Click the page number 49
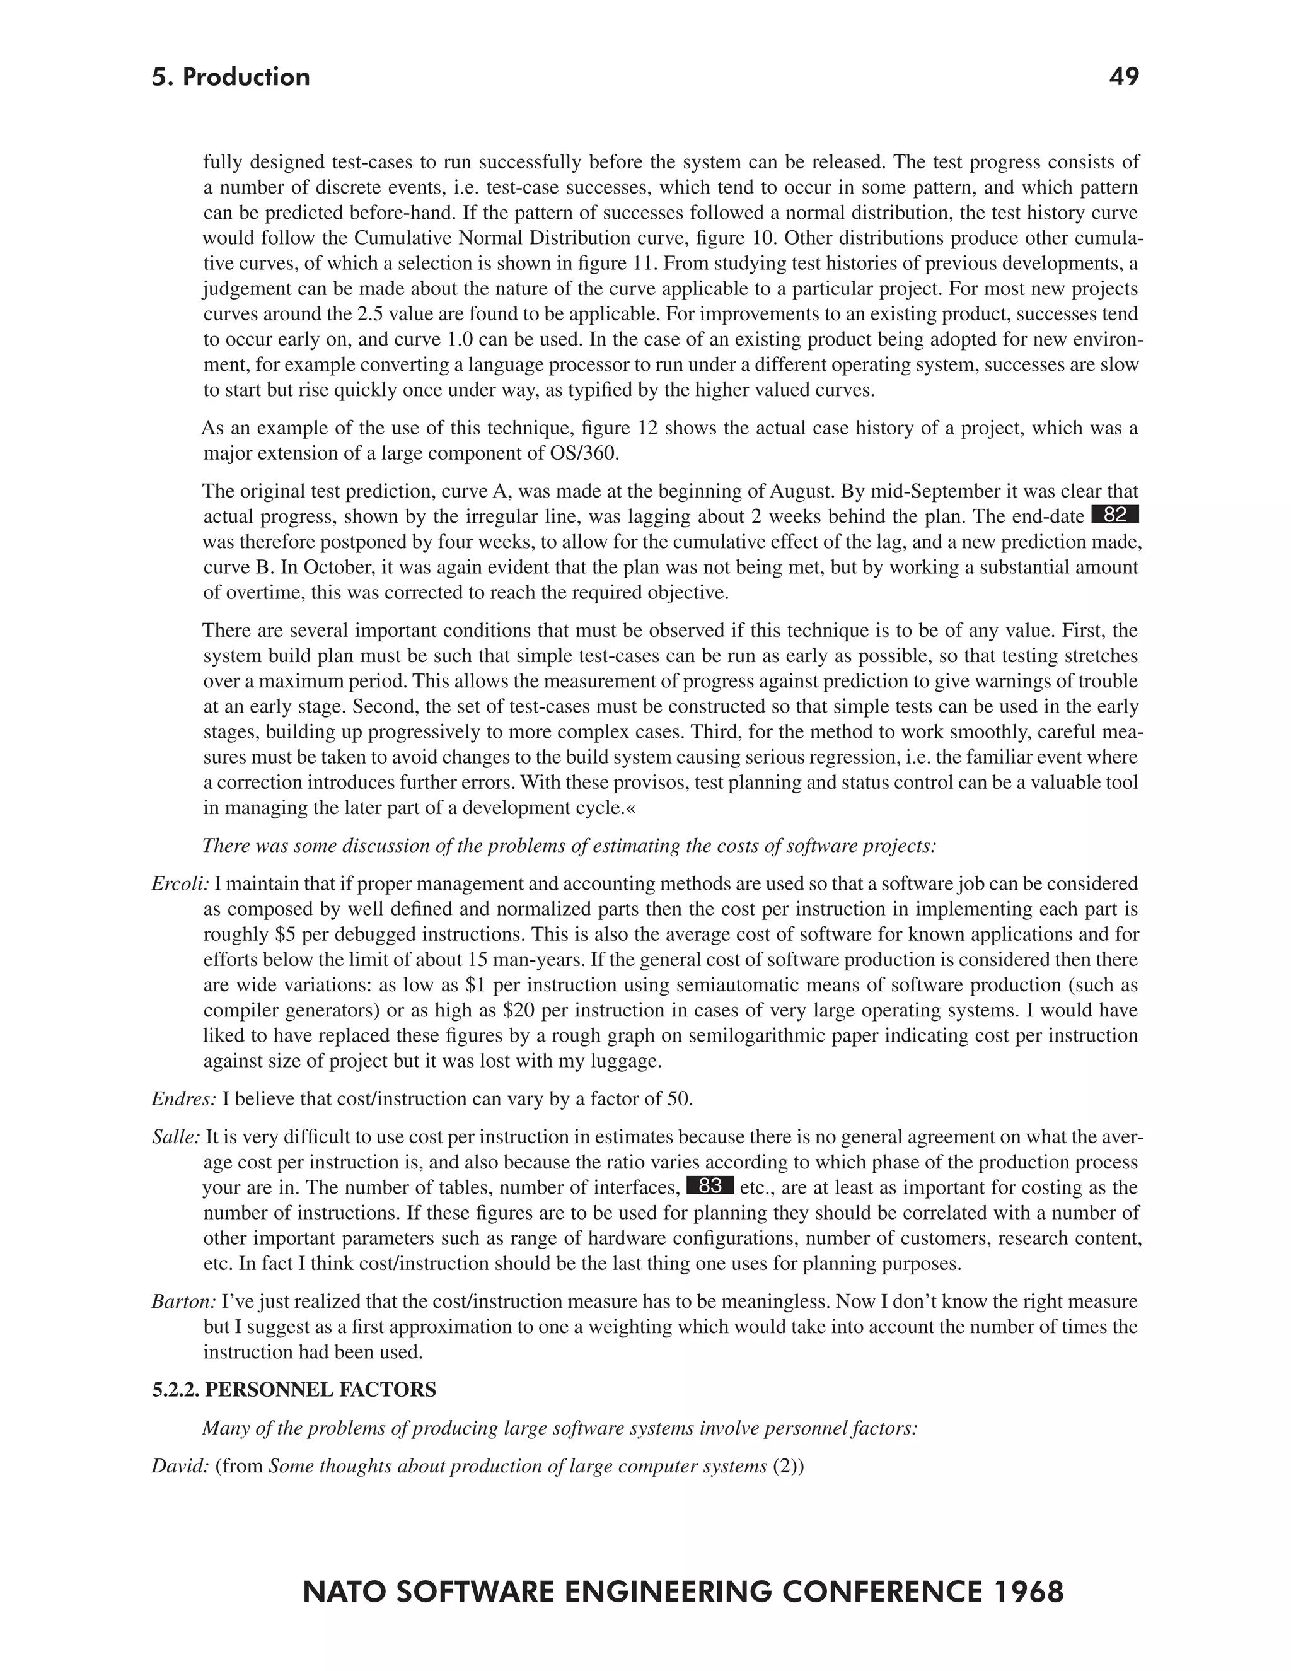coord(1123,76)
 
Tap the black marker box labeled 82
coord(1115,515)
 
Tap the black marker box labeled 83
coord(710,1186)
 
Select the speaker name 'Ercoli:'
coord(180,883)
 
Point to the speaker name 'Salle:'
coord(176,1137)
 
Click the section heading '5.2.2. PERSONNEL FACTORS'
coord(294,1390)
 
